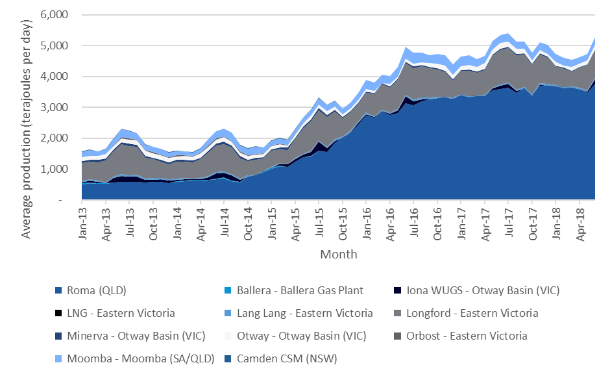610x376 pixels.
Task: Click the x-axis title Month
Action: coord(338,254)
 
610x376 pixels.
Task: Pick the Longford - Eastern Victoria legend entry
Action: coord(470,313)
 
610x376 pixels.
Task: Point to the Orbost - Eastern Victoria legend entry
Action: coord(465,336)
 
